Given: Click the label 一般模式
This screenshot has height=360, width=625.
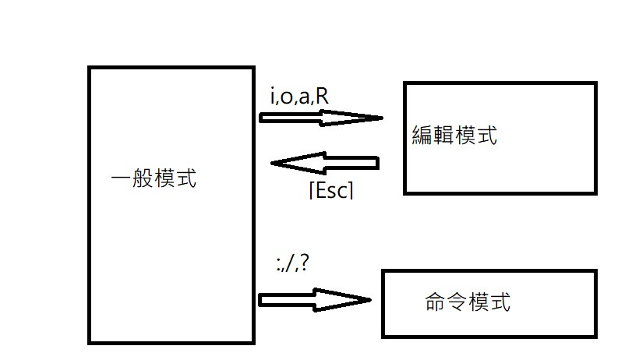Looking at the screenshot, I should point(154,179).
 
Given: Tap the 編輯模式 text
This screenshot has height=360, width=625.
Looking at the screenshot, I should point(454,136).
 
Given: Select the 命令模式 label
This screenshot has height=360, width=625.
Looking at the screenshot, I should point(468,302).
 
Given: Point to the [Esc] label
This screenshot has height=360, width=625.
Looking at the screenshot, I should point(331,190).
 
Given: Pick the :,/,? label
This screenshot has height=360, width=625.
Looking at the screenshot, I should point(293,263).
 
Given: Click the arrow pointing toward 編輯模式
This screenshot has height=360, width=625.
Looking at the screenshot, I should point(320,118).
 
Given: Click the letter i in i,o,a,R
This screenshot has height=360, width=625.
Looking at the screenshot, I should point(272,97).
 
